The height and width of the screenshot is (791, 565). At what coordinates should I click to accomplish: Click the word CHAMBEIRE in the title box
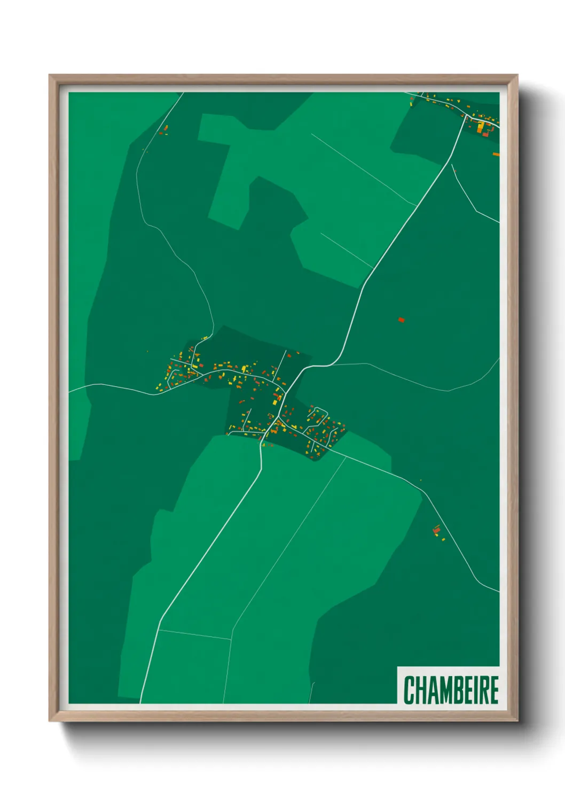[x=451, y=689]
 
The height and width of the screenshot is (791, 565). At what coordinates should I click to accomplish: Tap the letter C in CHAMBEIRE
[x=410, y=689]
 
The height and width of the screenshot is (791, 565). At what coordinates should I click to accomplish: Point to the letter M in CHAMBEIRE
[x=444, y=689]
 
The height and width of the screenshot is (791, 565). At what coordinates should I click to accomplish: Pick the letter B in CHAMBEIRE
[x=458, y=689]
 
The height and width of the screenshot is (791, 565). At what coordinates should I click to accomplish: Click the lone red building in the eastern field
[x=402, y=320]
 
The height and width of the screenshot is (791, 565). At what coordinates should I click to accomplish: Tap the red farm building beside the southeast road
[x=437, y=530]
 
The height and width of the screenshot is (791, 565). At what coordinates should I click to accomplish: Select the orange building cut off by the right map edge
[x=496, y=154]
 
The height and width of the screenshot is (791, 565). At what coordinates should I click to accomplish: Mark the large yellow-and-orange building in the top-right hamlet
[x=482, y=127]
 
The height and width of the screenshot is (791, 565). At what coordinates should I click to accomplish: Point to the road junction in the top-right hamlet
[x=466, y=115]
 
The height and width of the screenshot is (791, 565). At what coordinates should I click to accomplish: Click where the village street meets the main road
[x=287, y=392]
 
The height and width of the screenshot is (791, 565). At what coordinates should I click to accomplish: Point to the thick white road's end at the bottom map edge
[x=140, y=702]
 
